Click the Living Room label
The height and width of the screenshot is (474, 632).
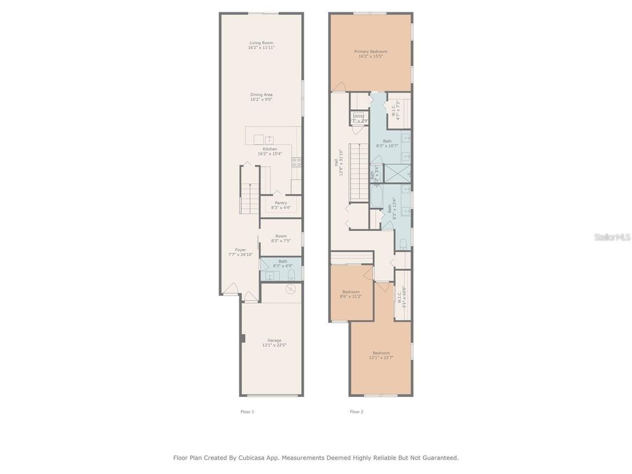(261, 45)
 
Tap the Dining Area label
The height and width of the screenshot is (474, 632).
(261, 97)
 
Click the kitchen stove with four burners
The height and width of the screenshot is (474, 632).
(296, 162)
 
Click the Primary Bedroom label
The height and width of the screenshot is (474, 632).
(370, 54)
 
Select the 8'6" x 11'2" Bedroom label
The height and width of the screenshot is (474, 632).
(351, 294)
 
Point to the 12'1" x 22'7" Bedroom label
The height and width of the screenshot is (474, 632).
(381, 355)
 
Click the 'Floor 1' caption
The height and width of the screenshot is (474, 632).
(247, 412)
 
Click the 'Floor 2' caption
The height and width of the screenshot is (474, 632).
(357, 412)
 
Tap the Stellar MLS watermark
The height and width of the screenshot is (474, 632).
(612, 236)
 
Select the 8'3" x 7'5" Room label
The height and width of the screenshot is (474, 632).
(281, 238)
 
